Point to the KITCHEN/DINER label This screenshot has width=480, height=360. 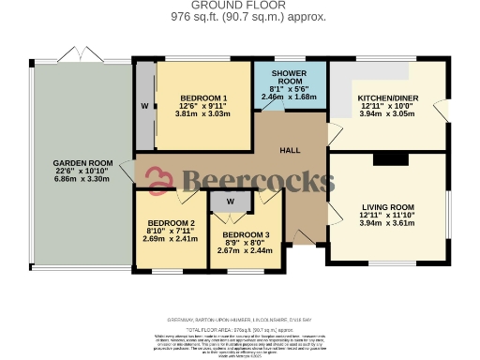(385, 97)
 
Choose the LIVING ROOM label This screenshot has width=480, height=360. (387, 206)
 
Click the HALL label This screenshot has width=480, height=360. (290, 150)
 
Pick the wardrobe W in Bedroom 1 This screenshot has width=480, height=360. (145, 106)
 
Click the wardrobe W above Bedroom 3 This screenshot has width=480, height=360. (230, 201)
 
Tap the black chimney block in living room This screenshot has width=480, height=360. (386, 159)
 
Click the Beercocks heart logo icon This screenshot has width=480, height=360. (161, 179)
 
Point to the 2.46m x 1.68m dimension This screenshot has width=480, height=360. (290, 97)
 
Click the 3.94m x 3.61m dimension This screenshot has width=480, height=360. (387, 224)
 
